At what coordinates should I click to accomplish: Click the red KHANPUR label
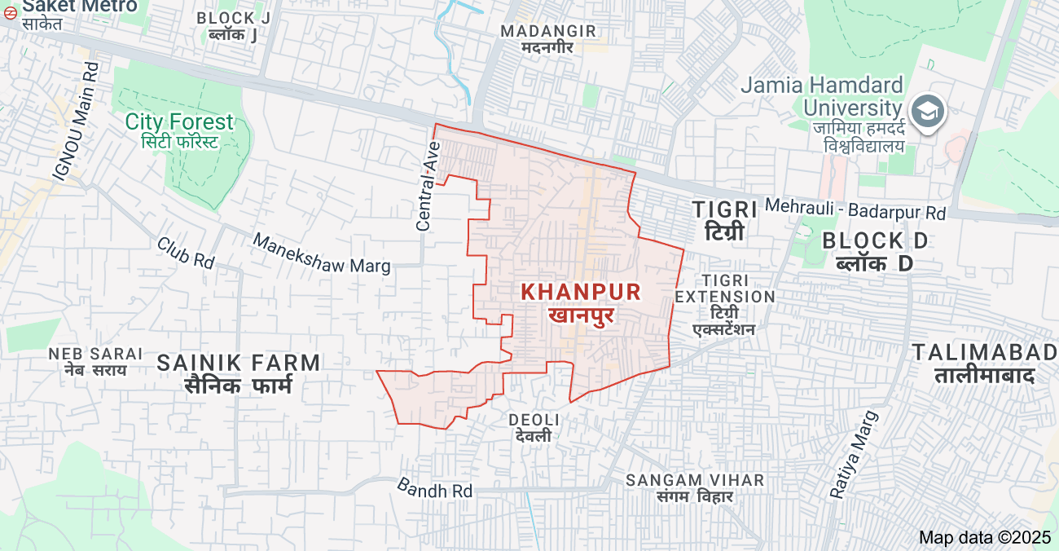[x=581, y=301]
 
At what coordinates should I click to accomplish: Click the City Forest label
[x=179, y=131]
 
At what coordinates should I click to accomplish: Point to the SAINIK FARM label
[x=239, y=372]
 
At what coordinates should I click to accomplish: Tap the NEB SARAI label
[x=95, y=361]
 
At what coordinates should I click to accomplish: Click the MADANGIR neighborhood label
[x=548, y=38]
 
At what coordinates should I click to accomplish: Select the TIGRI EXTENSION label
[x=724, y=304]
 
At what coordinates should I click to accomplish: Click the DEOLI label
[x=534, y=427]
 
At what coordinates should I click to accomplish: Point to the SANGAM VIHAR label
[x=695, y=487]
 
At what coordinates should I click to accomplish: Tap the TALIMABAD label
[x=984, y=364]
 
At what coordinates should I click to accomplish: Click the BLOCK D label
[x=875, y=251]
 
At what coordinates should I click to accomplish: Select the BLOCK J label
[x=234, y=25]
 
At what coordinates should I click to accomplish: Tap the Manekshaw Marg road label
[x=321, y=253]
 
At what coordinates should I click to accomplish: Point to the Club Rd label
[x=186, y=253]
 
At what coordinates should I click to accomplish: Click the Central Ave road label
[x=428, y=186]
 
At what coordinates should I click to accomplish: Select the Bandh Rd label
[x=434, y=488]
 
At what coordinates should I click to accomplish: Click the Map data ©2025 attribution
[x=985, y=537]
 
